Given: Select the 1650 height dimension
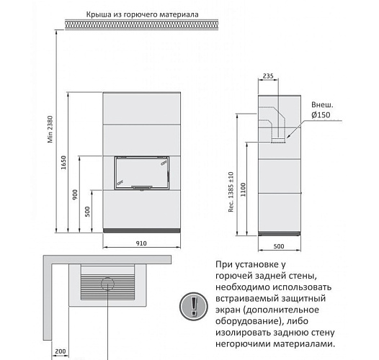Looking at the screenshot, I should (63, 165).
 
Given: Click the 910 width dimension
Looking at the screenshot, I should (141, 243).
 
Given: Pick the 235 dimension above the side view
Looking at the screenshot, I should (269, 75).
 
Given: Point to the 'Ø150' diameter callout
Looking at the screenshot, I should (320, 115).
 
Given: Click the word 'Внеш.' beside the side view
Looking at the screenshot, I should (321, 104).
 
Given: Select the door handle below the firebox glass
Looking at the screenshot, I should (143, 188).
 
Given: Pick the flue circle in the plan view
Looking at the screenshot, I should (107, 282).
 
